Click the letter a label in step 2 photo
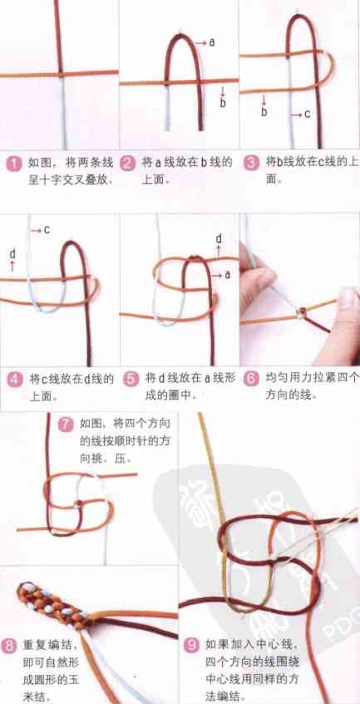coord(213,41)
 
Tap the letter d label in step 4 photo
coord(12,253)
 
